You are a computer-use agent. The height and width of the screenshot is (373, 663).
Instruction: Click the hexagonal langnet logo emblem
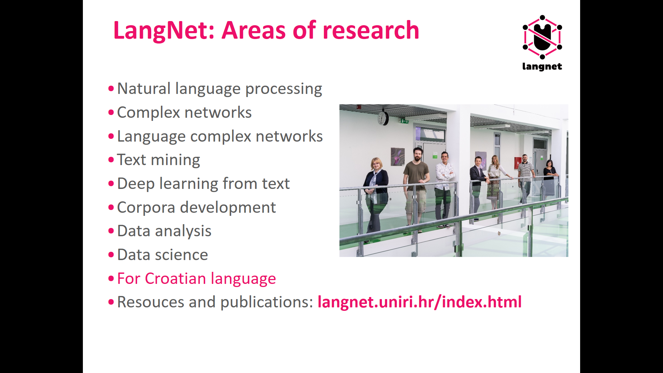[x=542, y=37]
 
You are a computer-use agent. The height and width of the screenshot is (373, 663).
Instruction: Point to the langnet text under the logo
[x=542, y=67]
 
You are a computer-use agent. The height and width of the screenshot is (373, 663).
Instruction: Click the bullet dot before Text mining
[x=111, y=160]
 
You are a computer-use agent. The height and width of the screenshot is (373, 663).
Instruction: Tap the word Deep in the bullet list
[x=136, y=184]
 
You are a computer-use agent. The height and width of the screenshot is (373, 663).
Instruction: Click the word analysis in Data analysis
[x=183, y=231]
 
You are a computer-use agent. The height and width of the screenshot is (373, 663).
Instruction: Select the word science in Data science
[x=181, y=255]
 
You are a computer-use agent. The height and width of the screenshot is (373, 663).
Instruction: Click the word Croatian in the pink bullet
[x=175, y=278]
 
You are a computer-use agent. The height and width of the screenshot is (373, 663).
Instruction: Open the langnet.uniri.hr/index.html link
[x=420, y=302]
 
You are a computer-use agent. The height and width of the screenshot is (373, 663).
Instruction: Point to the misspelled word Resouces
[x=151, y=302]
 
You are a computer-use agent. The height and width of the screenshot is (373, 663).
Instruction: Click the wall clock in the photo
[x=383, y=118]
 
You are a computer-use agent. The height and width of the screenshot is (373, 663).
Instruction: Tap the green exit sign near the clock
[x=404, y=121]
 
